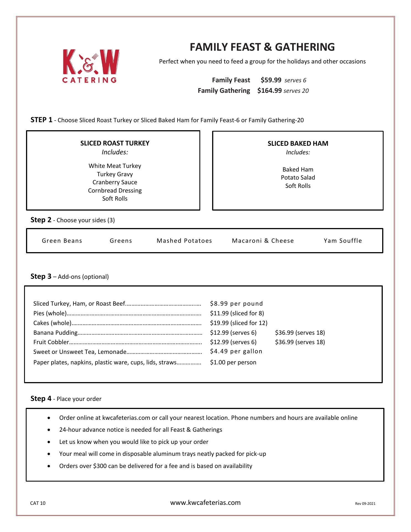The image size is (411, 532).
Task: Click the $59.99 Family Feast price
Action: [x=271, y=80]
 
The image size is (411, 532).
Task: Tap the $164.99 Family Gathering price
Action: [x=269, y=91]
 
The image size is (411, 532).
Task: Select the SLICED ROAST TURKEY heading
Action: [x=115, y=143]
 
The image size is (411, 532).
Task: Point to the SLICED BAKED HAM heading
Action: [x=298, y=144]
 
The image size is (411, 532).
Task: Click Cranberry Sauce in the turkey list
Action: [x=115, y=182]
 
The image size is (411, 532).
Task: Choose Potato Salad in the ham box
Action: [x=298, y=178]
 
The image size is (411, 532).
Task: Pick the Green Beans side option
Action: [x=62, y=241]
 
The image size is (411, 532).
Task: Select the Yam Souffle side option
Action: [x=343, y=241]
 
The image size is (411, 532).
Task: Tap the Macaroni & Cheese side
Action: [x=263, y=241]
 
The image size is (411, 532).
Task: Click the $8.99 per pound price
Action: [x=236, y=304]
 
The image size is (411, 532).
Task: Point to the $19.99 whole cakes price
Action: [x=238, y=323]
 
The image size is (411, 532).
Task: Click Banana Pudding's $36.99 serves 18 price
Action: [x=300, y=332]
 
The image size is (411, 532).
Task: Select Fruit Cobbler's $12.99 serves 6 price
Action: [x=233, y=342]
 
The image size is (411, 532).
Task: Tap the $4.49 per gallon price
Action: [x=236, y=351]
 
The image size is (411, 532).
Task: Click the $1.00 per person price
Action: [x=233, y=362]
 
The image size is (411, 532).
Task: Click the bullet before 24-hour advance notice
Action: [x=49, y=430]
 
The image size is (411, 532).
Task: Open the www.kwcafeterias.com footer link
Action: [x=205, y=503]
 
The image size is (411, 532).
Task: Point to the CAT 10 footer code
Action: [x=38, y=503]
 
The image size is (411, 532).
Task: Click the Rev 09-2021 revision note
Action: [x=365, y=503]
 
